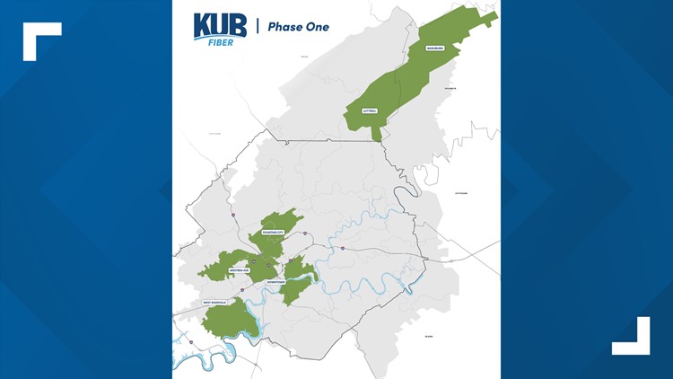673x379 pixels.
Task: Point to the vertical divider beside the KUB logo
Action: pyautogui.click(x=258, y=26)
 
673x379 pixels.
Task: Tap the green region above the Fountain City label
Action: pyautogui.click(x=283, y=219)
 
